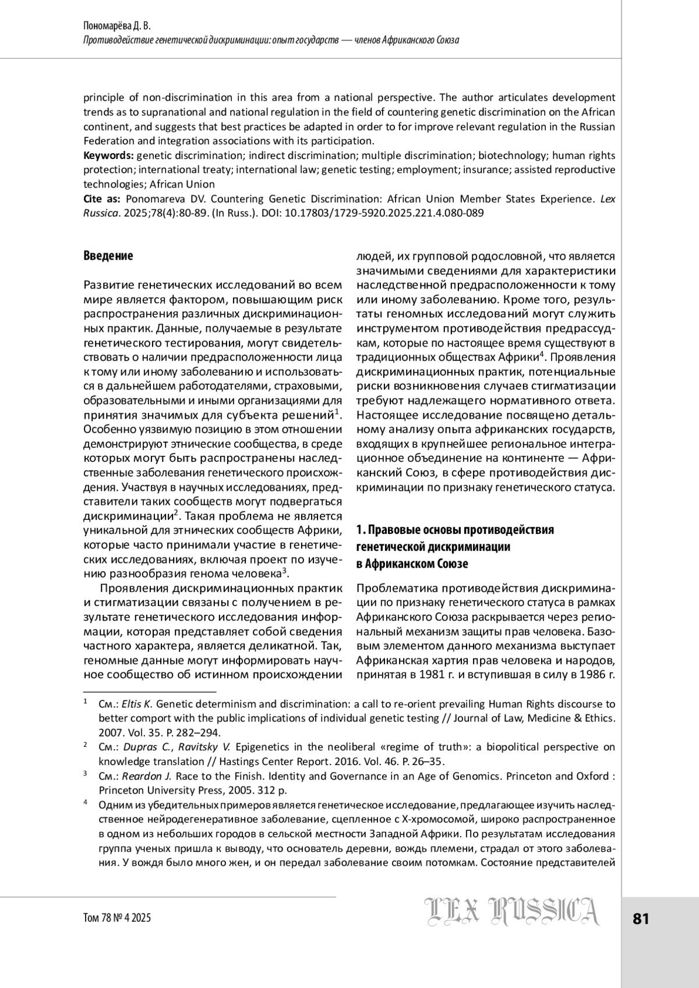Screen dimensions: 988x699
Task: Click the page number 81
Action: tap(640, 919)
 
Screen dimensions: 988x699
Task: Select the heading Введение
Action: tap(108, 256)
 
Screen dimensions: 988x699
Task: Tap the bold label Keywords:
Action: tap(109, 155)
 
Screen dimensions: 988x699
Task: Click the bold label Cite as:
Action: tap(102, 199)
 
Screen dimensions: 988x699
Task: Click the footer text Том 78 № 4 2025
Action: tap(117, 918)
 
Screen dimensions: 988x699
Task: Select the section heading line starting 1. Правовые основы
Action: tap(454, 530)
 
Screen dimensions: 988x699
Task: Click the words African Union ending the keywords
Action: tap(174, 184)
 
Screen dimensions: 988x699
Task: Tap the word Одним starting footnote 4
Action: tap(114, 805)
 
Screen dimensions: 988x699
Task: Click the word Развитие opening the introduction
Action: tap(109, 285)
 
